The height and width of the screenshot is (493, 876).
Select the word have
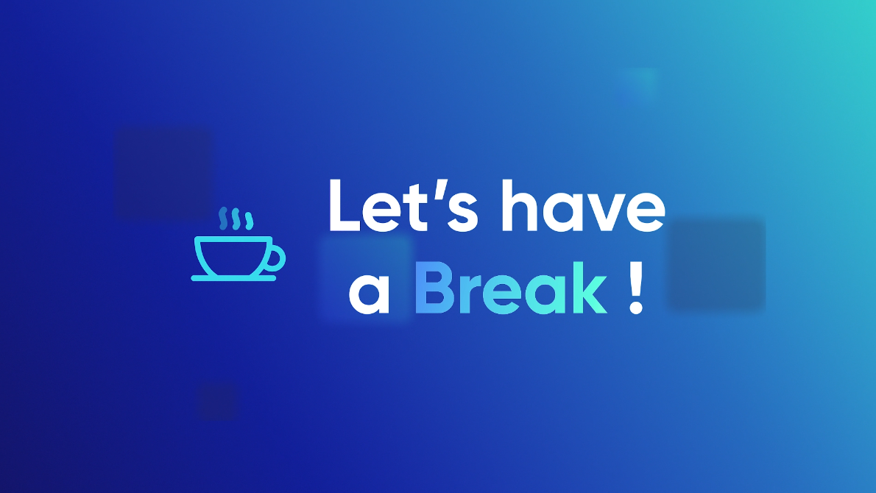point(584,205)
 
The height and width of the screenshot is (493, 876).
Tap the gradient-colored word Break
point(511,288)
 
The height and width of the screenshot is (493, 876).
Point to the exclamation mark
point(636,288)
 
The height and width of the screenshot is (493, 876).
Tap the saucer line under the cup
point(233,278)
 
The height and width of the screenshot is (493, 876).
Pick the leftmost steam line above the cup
point(223,219)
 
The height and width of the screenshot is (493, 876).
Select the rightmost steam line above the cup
point(249,221)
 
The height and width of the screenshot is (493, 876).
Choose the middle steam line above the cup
point(236,219)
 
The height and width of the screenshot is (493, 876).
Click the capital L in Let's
point(345,205)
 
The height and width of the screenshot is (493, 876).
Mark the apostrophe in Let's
point(442,189)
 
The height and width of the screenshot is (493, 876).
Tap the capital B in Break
point(434,288)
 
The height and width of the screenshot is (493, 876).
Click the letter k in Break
point(590,288)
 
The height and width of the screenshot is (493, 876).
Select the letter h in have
point(519,205)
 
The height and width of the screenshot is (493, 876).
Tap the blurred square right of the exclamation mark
point(717,264)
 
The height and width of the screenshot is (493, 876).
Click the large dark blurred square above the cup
point(163,173)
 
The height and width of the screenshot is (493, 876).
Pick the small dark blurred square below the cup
point(218,402)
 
